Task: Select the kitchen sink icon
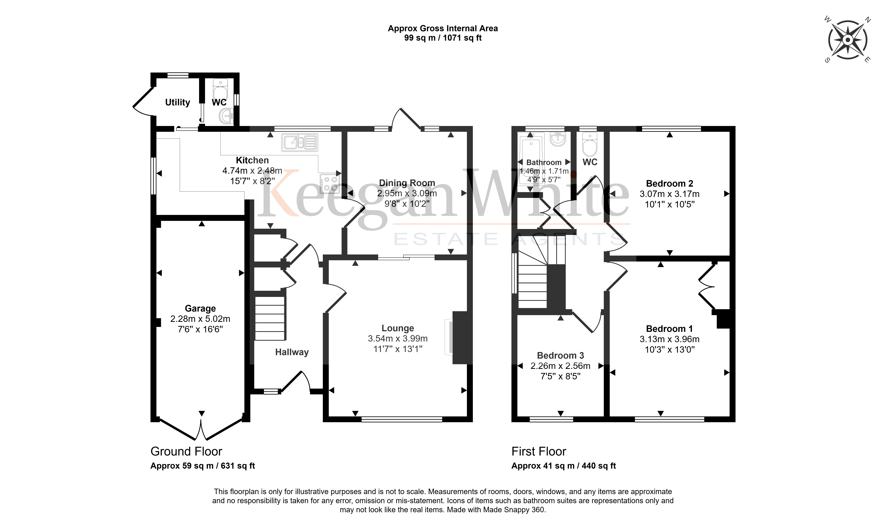click(300, 143)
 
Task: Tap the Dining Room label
click(407, 183)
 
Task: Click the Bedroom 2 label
click(670, 184)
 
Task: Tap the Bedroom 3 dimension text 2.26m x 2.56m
click(561, 366)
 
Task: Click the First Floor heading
click(539, 452)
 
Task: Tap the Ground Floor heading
click(186, 452)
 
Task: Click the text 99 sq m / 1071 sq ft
click(443, 38)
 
